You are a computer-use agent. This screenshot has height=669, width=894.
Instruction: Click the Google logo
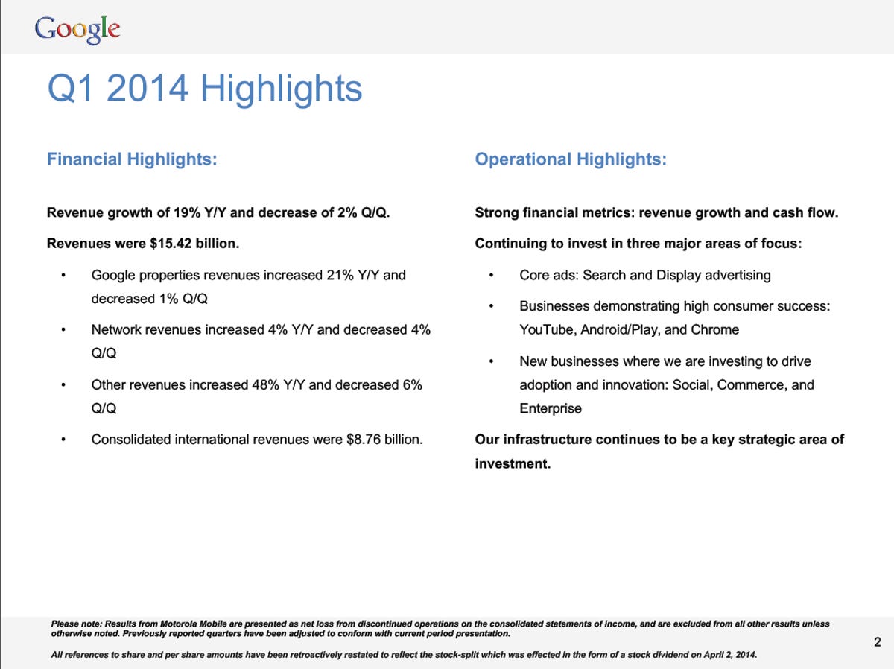point(77,29)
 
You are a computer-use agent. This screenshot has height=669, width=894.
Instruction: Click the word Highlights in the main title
point(281,90)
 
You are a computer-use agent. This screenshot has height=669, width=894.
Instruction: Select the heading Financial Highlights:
point(132,159)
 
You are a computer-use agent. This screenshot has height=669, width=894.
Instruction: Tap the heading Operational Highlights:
point(571,159)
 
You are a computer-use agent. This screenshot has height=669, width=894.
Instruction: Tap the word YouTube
point(546,329)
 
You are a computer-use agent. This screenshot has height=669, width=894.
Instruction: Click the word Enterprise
point(551,408)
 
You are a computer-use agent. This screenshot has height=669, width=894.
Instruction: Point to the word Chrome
point(714,329)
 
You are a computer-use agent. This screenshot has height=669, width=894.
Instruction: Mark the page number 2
point(877,642)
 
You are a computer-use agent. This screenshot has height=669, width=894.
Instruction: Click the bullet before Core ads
point(492,276)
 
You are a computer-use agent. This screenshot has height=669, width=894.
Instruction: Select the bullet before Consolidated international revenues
point(64,440)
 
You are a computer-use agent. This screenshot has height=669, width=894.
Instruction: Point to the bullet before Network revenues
point(64,330)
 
